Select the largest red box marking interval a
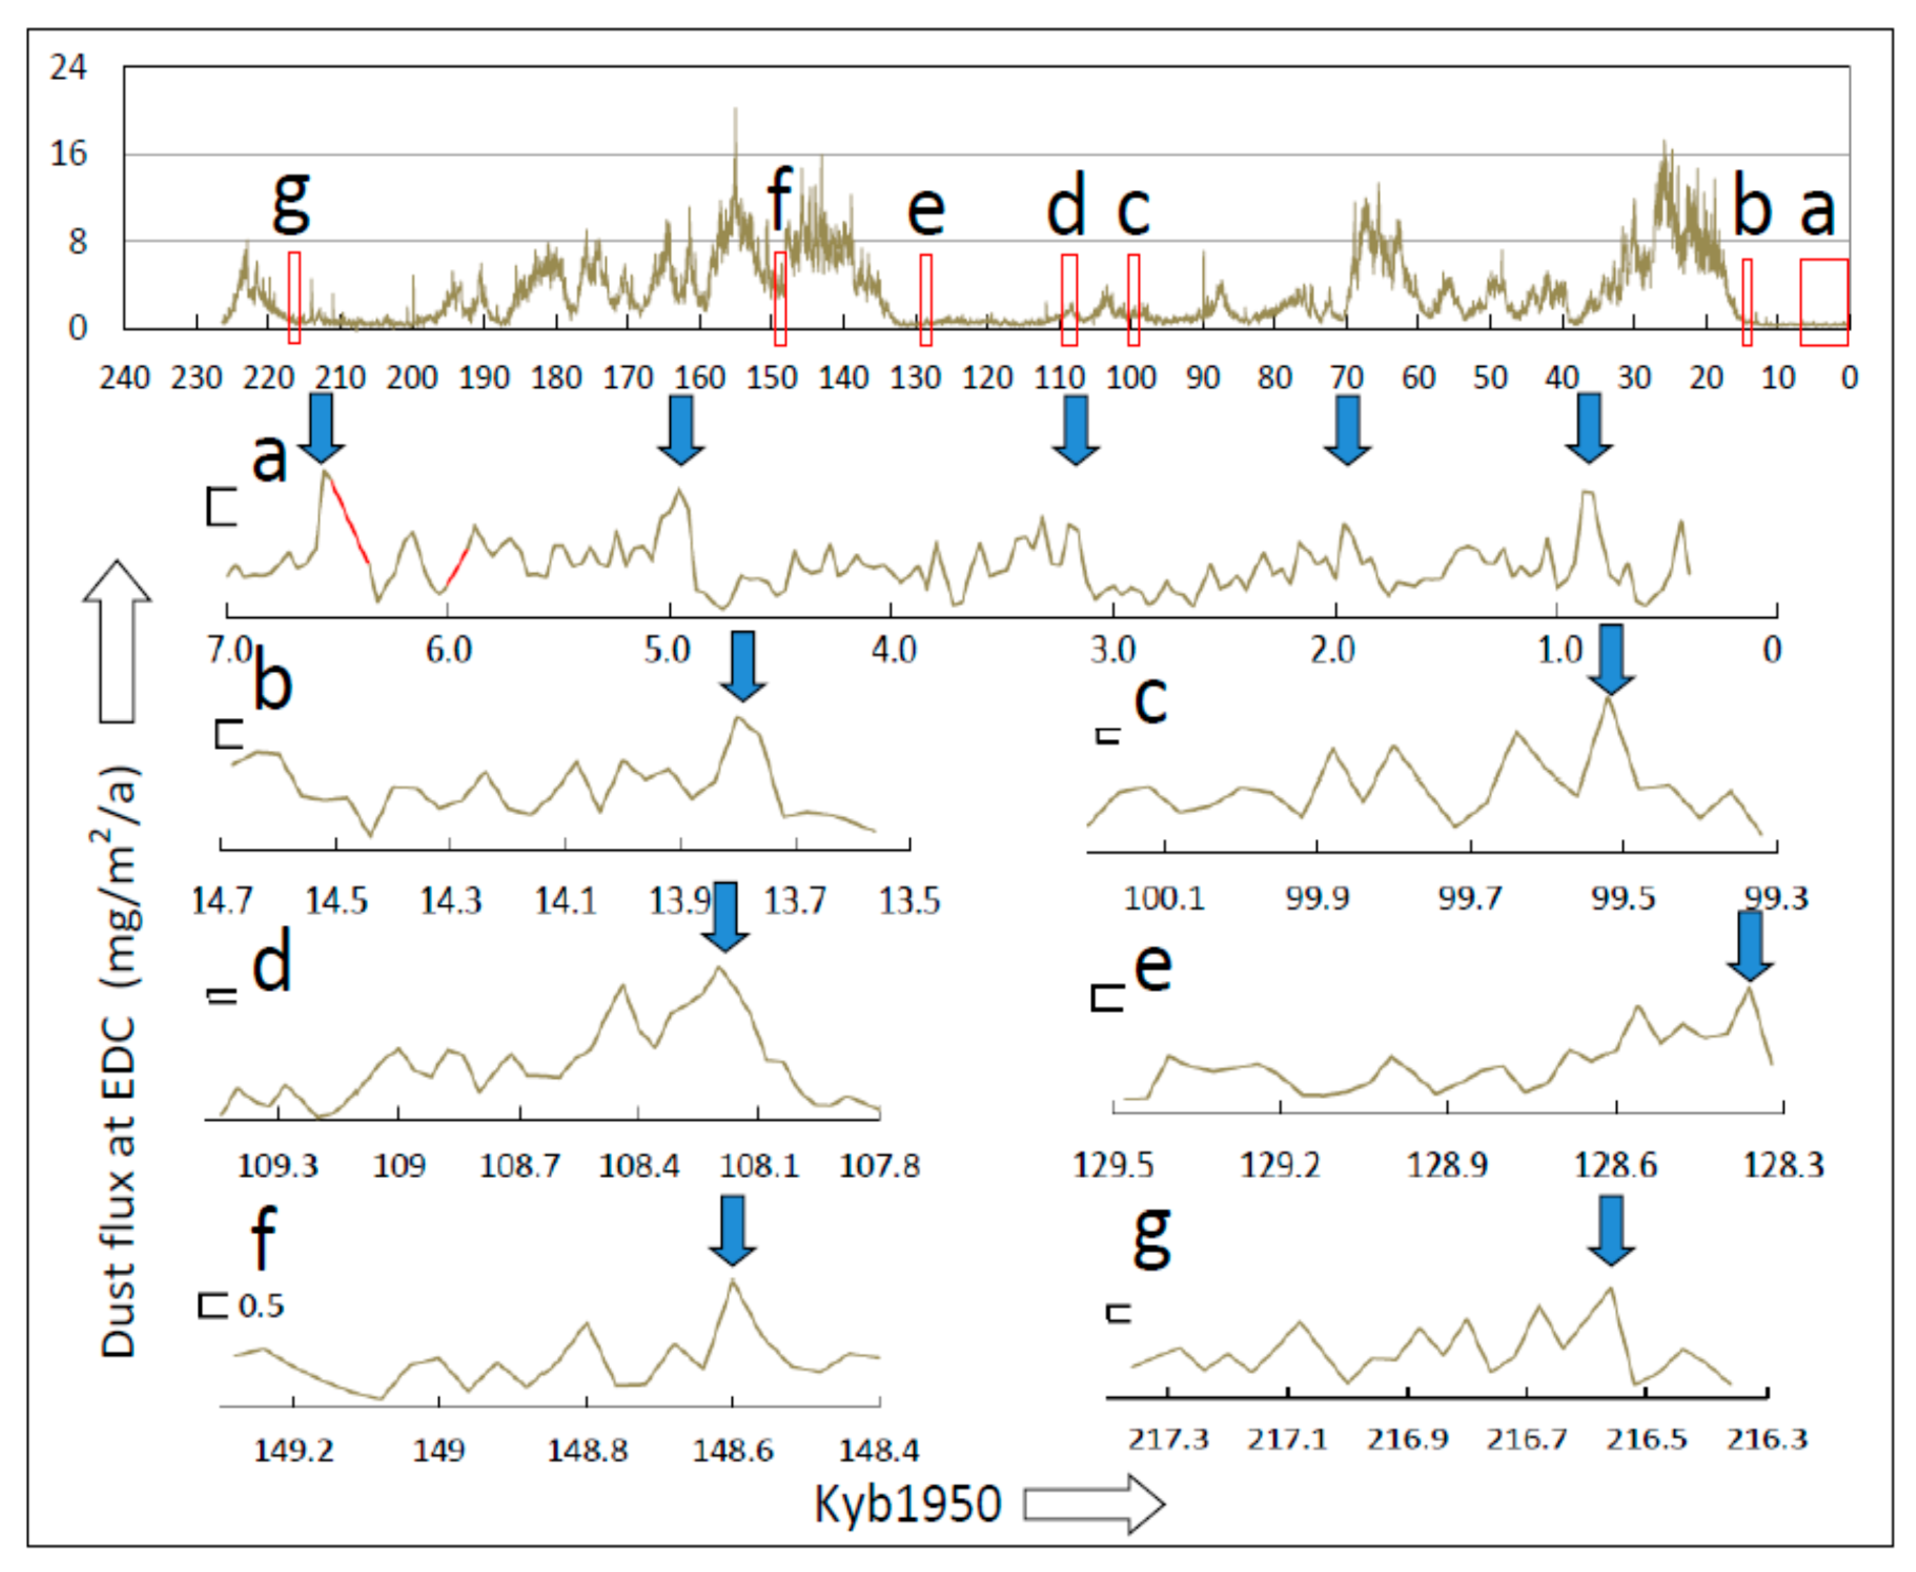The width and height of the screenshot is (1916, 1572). [x=1823, y=302]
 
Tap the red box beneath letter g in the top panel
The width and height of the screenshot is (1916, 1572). [x=294, y=298]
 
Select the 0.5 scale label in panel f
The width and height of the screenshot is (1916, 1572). [x=261, y=1306]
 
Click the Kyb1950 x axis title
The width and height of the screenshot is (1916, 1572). [x=908, y=1504]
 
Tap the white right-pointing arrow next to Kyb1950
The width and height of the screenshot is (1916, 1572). [x=1094, y=1504]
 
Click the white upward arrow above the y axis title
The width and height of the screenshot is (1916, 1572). [x=117, y=640]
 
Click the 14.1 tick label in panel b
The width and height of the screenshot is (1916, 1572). [x=565, y=901]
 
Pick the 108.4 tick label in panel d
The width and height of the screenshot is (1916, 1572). [x=639, y=1166]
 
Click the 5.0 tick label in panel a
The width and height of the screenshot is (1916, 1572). [x=668, y=649]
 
